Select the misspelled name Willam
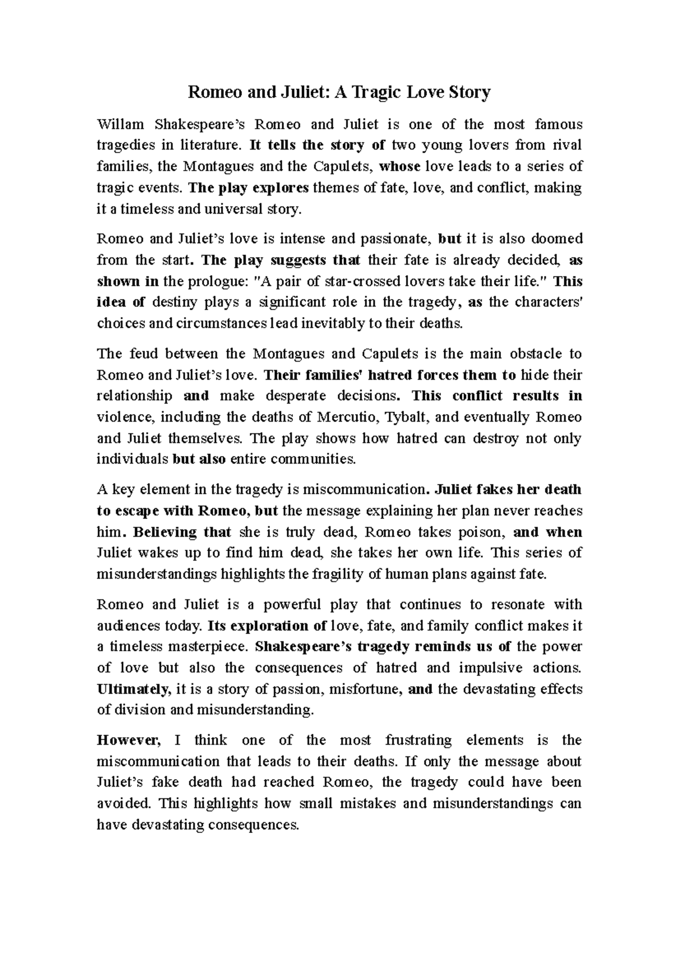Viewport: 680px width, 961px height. pyautogui.click(x=121, y=124)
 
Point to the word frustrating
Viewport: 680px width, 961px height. pyautogui.click(x=418, y=740)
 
